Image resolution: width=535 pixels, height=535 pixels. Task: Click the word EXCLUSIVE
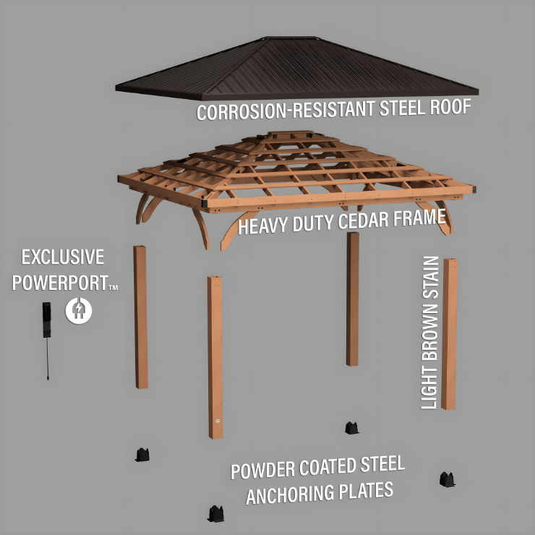63,257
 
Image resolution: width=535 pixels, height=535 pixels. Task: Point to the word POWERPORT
61,283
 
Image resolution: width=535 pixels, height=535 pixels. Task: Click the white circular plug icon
79,310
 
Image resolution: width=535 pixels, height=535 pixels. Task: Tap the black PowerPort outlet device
47,320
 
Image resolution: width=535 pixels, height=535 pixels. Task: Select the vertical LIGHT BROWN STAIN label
430,333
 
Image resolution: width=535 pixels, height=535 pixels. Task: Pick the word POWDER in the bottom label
262,471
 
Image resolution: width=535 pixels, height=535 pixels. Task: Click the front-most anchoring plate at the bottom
216,514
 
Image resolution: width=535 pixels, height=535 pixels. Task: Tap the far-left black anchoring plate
142,455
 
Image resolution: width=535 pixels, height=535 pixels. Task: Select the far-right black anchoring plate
447,479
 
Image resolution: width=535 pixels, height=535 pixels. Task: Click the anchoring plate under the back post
352,428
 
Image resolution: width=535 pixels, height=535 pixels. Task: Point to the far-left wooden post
141,317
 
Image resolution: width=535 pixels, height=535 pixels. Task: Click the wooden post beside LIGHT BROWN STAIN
450,334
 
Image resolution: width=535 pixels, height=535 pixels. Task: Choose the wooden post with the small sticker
215,358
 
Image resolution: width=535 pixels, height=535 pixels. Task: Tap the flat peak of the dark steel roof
292,38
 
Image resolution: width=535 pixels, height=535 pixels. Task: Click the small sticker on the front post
218,421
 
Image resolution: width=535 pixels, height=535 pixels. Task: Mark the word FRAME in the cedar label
419,218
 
